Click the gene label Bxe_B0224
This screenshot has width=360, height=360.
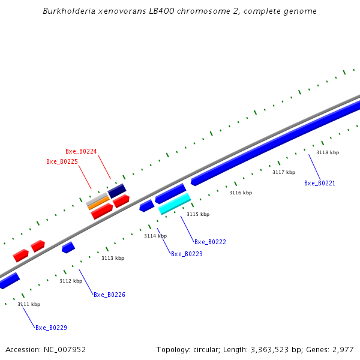81,151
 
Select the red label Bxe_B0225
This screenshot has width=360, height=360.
62,161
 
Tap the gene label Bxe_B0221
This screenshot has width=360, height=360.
320,183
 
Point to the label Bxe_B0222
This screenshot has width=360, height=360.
210,242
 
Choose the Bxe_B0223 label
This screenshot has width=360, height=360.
187,254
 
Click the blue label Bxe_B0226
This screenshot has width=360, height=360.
109,295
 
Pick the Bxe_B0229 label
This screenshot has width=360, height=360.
51,328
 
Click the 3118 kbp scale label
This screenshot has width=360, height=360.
328,152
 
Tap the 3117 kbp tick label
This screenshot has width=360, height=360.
284,172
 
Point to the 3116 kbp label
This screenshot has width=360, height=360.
241,193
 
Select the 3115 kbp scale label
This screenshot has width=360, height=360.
198,214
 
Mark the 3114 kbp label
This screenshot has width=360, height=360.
155,236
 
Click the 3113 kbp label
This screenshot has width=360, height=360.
113,258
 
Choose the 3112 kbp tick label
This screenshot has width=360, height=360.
71,281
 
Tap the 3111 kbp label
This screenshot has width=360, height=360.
29,304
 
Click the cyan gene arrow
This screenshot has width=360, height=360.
175,204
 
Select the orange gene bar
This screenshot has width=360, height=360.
99,203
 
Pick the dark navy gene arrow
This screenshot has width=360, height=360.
117,191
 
